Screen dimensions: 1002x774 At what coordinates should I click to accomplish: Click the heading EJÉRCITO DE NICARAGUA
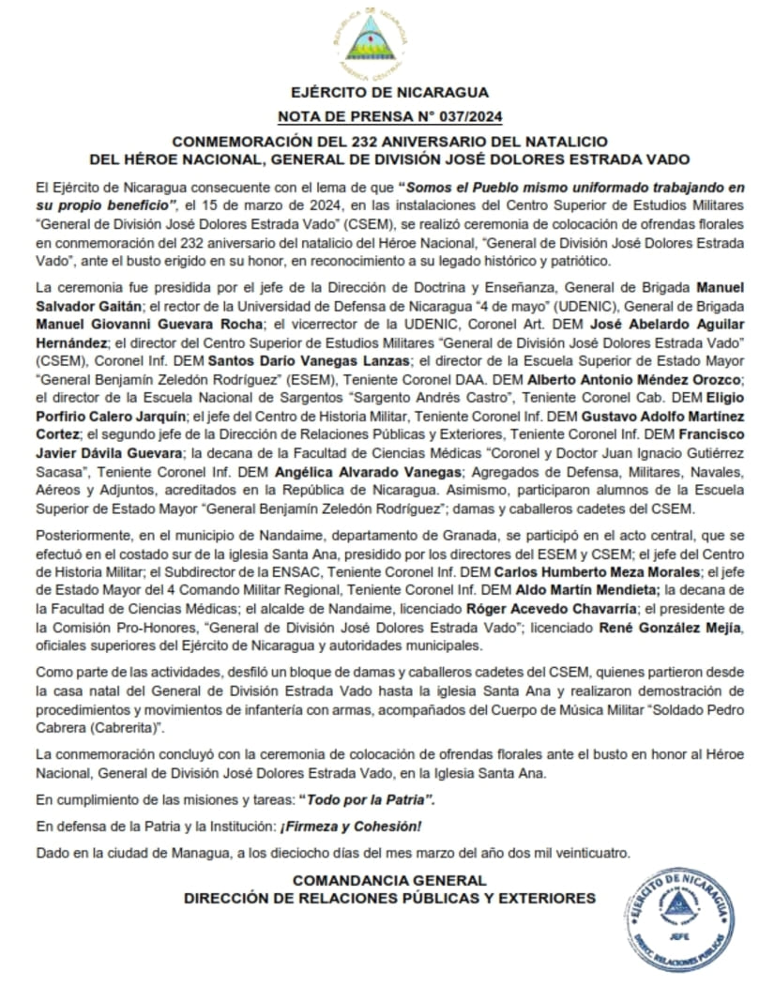pyautogui.click(x=388, y=92)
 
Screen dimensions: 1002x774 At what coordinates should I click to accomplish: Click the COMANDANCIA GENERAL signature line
pyautogui.click(x=388, y=879)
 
